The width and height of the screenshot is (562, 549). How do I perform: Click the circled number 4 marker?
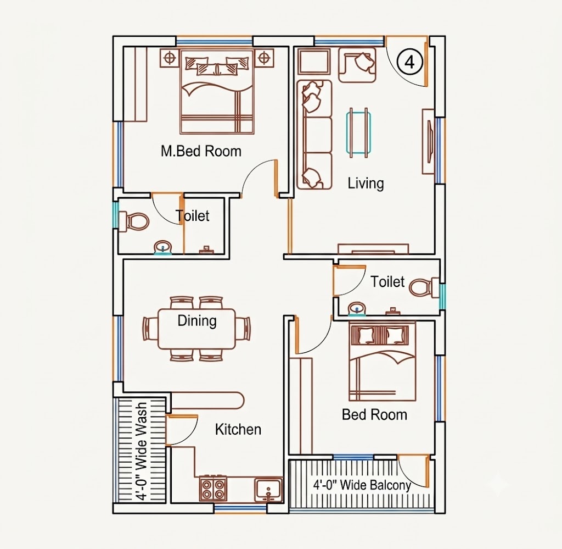tap(409, 62)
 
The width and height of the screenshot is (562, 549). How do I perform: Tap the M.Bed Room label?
tap(201, 151)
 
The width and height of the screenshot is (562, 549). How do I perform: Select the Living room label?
tap(366, 183)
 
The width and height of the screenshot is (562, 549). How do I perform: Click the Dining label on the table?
tap(197, 320)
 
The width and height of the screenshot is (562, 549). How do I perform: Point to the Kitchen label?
tap(238, 429)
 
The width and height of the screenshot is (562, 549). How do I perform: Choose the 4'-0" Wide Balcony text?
tap(362, 485)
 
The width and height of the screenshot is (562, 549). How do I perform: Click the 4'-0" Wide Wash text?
tap(142, 451)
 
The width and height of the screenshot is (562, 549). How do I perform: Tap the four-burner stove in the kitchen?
tap(213, 489)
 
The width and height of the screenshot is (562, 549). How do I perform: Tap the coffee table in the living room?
tap(358, 133)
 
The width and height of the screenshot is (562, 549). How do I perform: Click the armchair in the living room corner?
tap(357, 65)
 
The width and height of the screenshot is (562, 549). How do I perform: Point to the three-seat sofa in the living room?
tap(314, 135)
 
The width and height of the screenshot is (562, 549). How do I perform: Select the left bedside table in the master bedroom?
tap(170, 57)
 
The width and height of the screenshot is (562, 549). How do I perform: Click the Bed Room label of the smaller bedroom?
tap(374, 415)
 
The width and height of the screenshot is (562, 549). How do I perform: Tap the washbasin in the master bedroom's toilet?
tap(163, 248)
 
